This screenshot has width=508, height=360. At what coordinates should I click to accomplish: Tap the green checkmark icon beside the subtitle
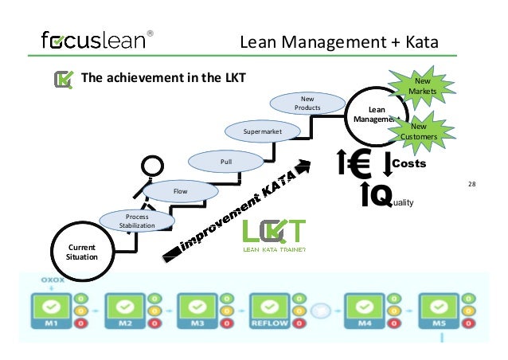(x=63, y=79)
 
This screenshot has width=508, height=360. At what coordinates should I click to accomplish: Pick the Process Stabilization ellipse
(x=127, y=221)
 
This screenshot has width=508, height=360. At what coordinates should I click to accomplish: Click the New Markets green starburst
(x=422, y=87)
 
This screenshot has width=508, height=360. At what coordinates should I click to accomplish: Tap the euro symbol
(x=361, y=164)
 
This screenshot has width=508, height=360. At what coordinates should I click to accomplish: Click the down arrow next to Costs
(x=387, y=164)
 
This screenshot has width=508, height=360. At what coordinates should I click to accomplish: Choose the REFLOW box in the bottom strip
(x=270, y=308)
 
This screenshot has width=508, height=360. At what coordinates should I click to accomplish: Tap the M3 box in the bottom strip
(x=197, y=308)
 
